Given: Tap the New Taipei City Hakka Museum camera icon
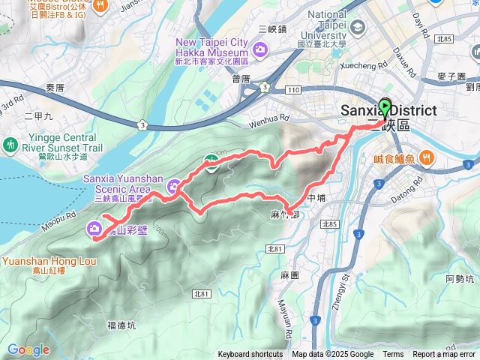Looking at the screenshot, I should tap(260, 50).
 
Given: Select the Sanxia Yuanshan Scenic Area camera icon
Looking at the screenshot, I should tap(174, 186).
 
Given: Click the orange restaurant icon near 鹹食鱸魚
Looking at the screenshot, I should tap(426, 157).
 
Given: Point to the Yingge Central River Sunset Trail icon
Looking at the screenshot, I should tap(10, 143).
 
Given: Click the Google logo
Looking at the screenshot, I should tap(28, 349).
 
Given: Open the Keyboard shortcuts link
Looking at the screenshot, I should tap(250, 355).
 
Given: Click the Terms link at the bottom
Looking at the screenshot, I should tap(393, 355).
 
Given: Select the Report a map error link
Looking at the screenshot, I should tap(445, 355).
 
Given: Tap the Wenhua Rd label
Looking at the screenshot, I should tap(268, 118).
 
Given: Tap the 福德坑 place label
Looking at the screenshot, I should tap(121, 325).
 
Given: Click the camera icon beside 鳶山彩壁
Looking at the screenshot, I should tap(94, 229).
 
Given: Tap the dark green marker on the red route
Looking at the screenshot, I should tap(212, 164).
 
